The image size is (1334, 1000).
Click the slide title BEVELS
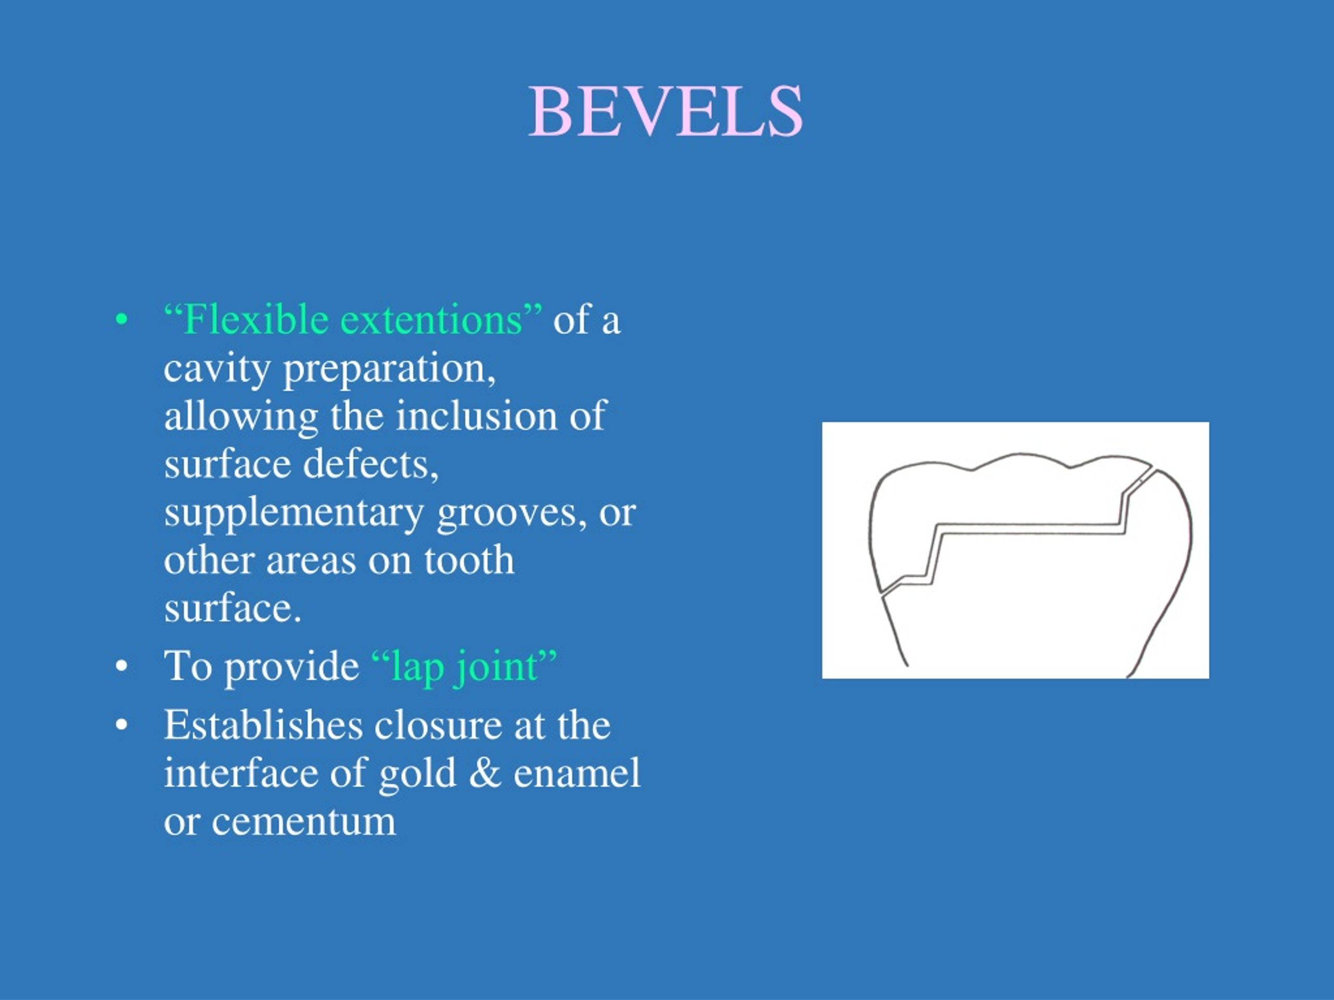[666, 111]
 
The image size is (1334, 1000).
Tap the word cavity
[217, 369]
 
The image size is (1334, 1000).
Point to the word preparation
[389, 369]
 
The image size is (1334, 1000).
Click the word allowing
[241, 417]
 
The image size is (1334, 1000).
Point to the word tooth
[468, 560]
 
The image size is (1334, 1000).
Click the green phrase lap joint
[464, 667]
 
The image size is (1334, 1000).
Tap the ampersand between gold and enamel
[485, 773]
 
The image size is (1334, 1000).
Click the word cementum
[303, 821]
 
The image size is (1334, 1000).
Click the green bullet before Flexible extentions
[122, 321]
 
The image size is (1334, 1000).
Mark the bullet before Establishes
[122, 726]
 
